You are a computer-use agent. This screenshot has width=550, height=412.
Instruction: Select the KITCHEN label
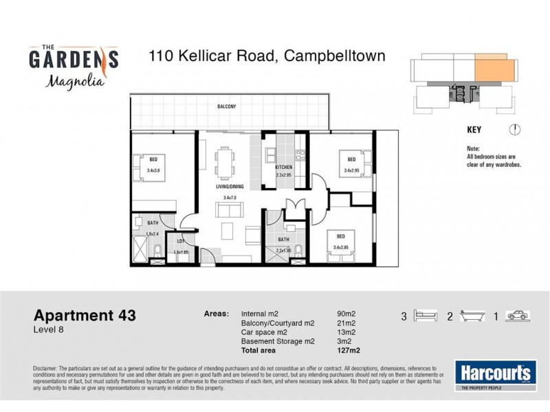pyautogui.click(x=284, y=168)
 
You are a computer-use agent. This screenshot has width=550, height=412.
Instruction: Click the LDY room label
pyautogui.click(x=181, y=241)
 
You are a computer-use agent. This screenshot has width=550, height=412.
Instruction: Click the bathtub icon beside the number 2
pyautogui.click(x=472, y=317)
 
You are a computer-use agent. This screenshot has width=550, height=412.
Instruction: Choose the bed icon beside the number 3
pyautogui.click(x=426, y=317)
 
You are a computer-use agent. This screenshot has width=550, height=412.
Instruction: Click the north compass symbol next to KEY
pyautogui.click(x=515, y=129)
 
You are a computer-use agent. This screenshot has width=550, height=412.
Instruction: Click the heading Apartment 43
pyautogui.click(x=85, y=316)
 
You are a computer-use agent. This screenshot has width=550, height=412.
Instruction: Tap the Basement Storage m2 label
pyautogui.click(x=278, y=342)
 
